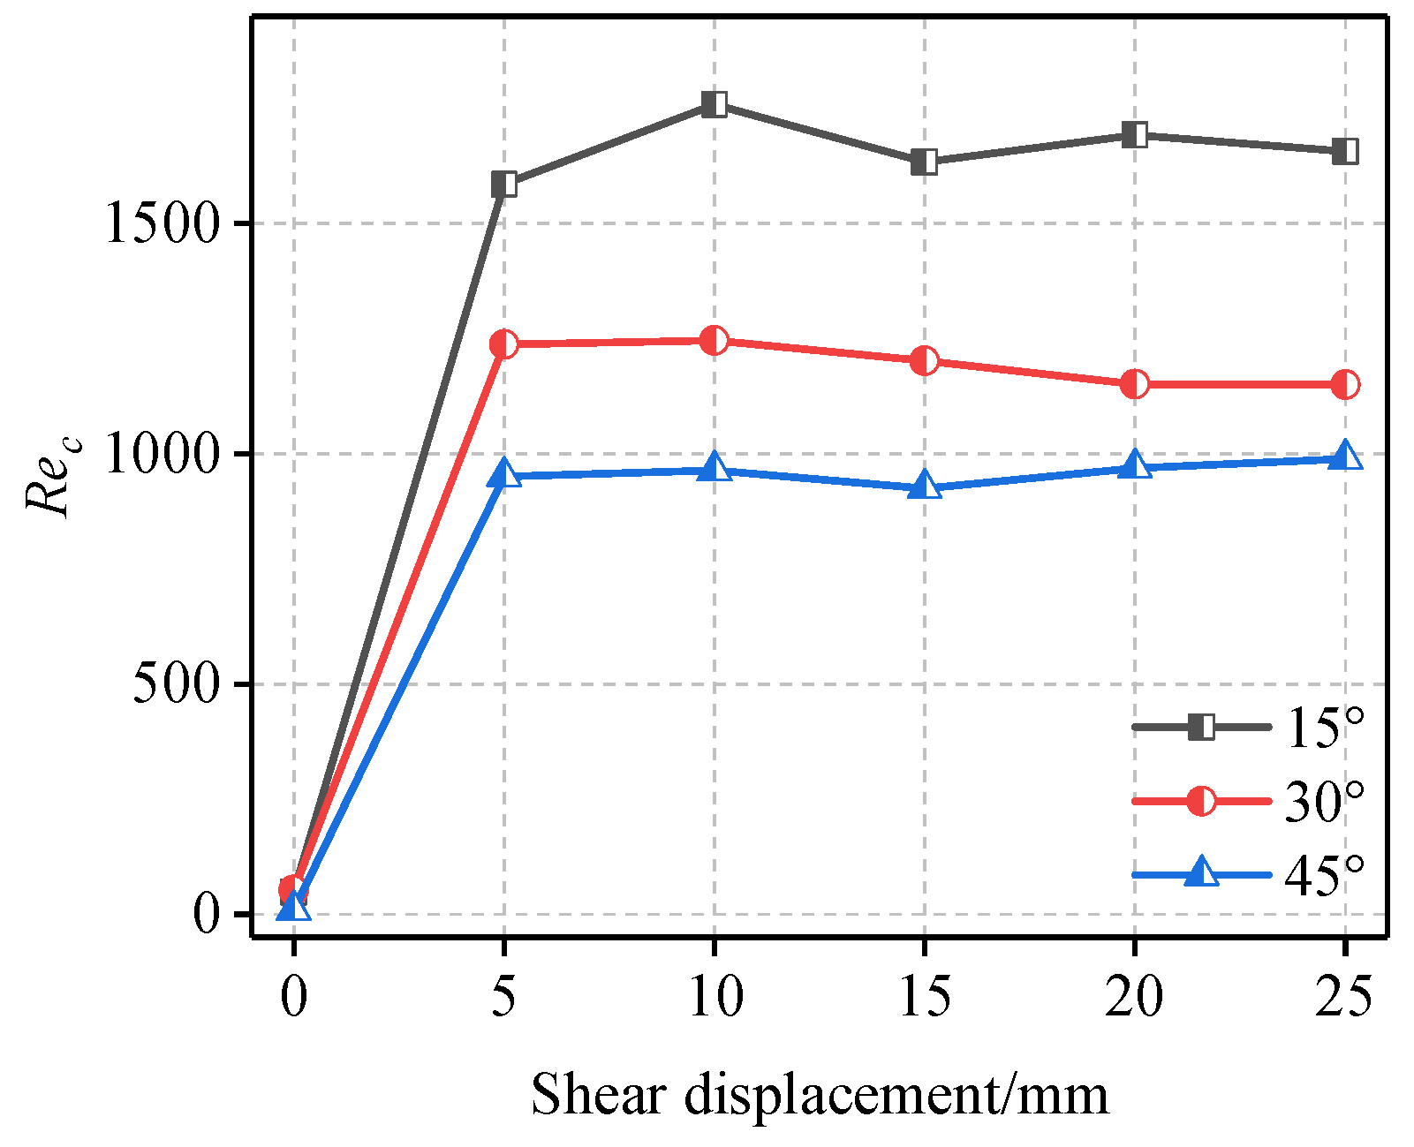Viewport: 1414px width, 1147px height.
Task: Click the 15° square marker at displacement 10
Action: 715,104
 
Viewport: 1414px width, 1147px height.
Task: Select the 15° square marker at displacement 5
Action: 504,185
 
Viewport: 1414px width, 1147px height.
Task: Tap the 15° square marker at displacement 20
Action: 1135,135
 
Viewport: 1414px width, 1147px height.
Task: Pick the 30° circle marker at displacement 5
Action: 504,343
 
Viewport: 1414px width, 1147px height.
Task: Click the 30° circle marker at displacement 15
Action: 925,360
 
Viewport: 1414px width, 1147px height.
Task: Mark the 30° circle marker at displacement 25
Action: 1345,384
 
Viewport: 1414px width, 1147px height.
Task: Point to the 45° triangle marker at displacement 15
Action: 925,486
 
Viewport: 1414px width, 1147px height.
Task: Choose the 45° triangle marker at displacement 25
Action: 1345,457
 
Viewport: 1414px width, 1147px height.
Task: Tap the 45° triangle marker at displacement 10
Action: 715,469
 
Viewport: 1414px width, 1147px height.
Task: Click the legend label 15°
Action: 1323,728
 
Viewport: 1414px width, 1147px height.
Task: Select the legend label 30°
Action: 1323,802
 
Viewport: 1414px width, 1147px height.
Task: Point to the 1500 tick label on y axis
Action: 161,224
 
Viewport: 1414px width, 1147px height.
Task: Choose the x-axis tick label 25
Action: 1344,997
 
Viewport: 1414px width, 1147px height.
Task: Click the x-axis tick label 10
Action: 715,997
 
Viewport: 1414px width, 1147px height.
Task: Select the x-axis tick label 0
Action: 294,997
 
